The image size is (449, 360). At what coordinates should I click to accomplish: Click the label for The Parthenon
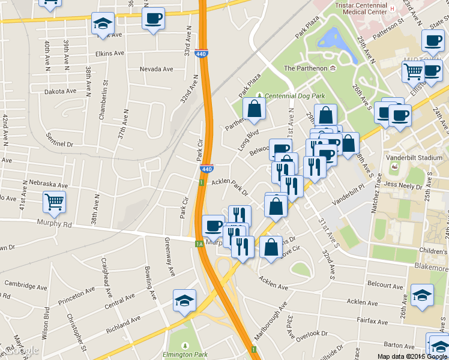306,68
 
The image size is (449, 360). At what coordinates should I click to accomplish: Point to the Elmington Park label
185,355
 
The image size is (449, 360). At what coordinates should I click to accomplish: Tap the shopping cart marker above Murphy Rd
54,203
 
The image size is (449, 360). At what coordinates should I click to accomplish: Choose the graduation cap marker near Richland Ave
184,302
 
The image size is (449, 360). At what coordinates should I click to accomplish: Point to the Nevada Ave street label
156,70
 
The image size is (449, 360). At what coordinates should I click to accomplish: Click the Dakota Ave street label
60,91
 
